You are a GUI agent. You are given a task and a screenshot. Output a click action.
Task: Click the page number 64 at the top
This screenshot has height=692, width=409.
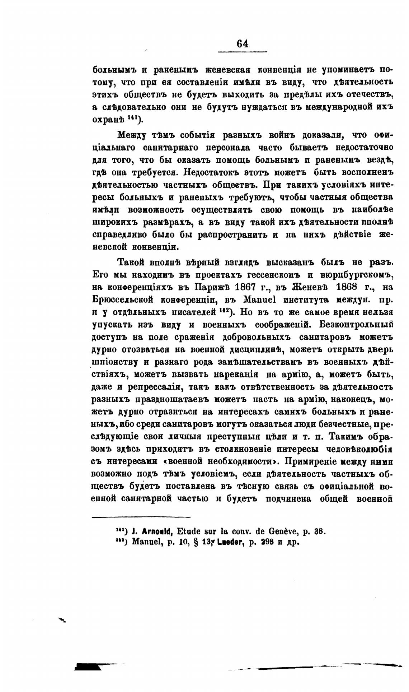click(x=242, y=43)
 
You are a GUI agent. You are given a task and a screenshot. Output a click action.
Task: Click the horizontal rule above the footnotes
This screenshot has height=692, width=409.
click(x=141, y=517)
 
